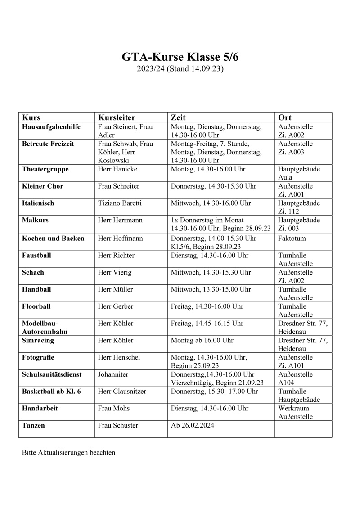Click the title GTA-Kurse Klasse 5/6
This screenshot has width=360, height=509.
[x=180, y=58]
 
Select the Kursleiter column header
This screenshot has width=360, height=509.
[x=117, y=117]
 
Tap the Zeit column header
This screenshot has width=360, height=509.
[x=178, y=117]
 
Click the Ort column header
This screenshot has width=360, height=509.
[x=285, y=117]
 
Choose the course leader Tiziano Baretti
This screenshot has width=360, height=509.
[x=120, y=203]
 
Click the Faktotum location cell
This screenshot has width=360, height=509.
[x=292, y=238]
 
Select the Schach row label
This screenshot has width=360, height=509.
[x=33, y=272]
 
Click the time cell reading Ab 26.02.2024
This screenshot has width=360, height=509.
[x=193, y=425]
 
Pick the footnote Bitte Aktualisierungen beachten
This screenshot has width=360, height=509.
[x=68, y=452]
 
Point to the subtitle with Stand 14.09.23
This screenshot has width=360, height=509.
[x=180, y=69]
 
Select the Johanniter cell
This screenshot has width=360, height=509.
[x=114, y=374]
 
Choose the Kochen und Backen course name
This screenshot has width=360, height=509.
[x=53, y=238]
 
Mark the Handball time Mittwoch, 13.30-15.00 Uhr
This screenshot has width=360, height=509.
[x=211, y=289]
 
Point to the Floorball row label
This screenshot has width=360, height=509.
[x=36, y=306]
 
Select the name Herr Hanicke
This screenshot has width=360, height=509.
[x=117, y=169]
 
